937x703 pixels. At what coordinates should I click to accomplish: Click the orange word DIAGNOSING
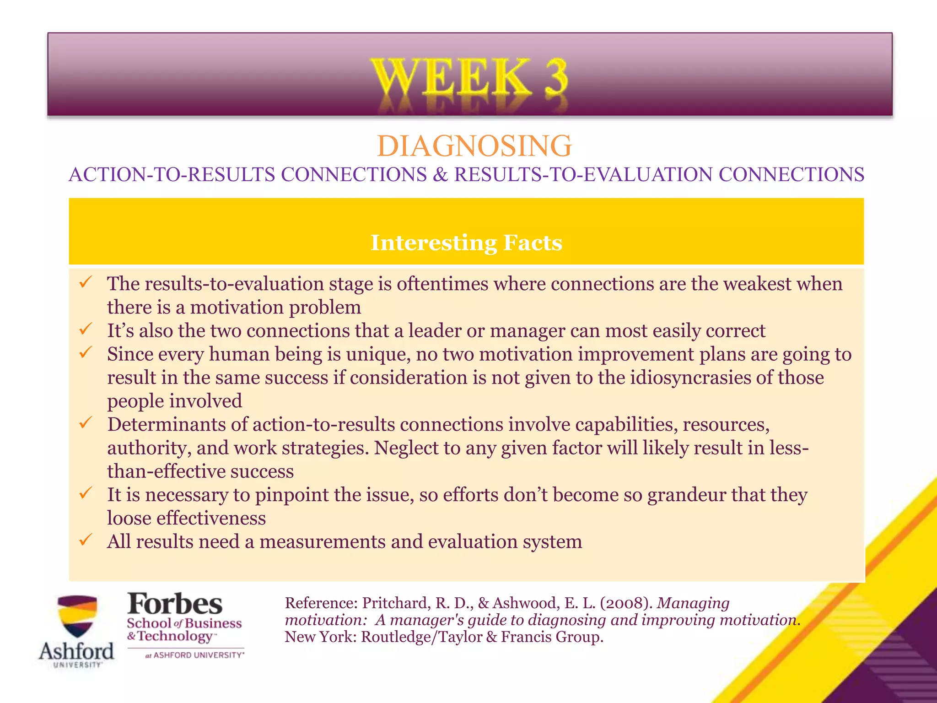pos(474,146)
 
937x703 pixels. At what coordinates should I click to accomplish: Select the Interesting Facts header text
pos(466,243)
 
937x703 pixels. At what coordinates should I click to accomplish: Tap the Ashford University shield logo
pos(77,616)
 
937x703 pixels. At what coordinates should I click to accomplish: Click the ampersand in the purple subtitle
pos(440,175)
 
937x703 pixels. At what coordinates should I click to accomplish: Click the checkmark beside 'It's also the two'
pos(86,329)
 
